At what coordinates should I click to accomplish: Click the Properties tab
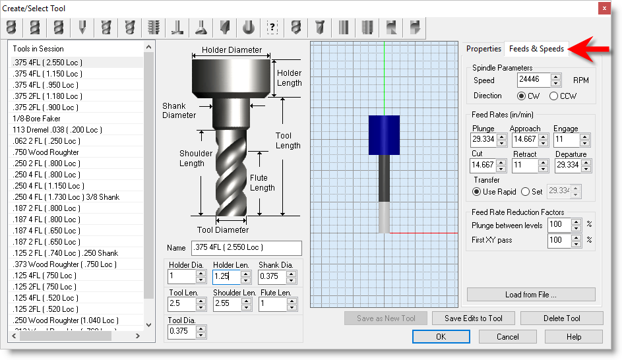coord(483,49)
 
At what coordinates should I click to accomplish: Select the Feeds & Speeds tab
coord(536,49)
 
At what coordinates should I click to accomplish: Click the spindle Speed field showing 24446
coord(534,80)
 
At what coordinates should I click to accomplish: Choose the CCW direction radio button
coord(554,96)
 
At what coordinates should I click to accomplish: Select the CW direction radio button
coord(522,96)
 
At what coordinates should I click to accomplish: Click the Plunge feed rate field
coord(483,140)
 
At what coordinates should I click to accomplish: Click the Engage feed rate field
coord(567,140)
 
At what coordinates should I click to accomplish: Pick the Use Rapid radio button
coord(478,192)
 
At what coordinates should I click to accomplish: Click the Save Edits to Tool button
coord(473,318)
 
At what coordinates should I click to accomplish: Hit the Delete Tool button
coord(561,318)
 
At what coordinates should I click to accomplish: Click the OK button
coord(441,337)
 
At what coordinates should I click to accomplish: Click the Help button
coord(573,337)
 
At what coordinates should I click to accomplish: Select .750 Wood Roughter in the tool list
coord(46,152)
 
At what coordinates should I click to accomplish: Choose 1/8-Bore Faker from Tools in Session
coord(37,119)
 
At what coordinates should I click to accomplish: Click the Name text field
coord(245,248)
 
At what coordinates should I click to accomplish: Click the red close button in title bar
coord(604,8)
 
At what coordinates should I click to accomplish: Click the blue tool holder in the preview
coord(384,135)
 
